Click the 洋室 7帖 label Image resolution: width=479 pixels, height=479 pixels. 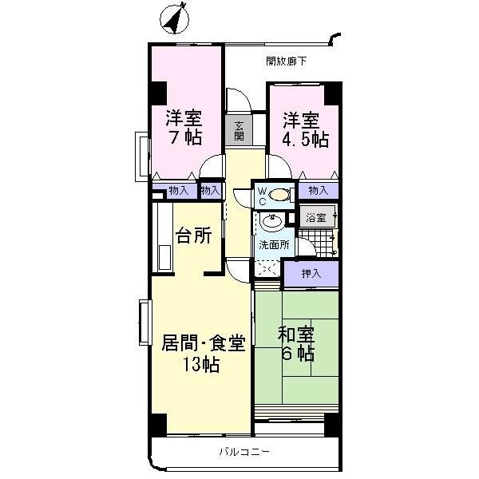[x=184, y=127]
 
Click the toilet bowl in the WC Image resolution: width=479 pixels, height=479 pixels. [x=279, y=194]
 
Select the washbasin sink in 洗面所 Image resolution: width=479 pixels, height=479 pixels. [x=271, y=222]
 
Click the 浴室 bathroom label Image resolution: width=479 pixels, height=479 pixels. [x=317, y=217]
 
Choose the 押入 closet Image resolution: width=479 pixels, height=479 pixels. [x=311, y=274]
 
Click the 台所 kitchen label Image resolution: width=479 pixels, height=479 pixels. [x=193, y=236]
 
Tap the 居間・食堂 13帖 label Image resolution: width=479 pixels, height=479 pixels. [x=203, y=354]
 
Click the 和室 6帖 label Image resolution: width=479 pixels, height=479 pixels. [x=295, y=343]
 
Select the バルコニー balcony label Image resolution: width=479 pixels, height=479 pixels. [x=245, y=452]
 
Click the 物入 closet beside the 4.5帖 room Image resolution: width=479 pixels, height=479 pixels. [x=318, y=190]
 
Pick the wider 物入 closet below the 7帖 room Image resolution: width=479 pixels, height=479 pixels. [x=178, y=190]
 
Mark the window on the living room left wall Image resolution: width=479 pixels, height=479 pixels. [x=144, y=323]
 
